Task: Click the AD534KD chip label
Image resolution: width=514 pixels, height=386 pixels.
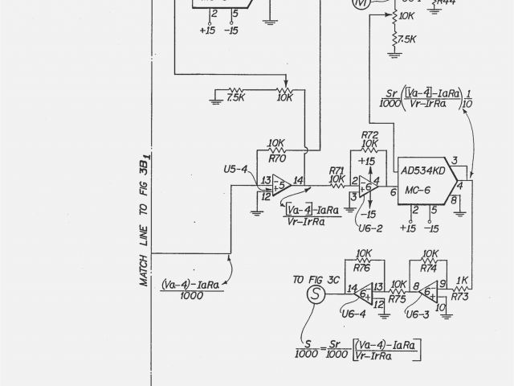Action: [426, 171]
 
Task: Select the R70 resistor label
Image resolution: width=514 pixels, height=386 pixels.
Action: [277, 158]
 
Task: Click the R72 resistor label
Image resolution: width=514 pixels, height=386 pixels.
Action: [370, 135]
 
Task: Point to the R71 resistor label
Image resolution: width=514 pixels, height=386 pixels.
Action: [337, 170]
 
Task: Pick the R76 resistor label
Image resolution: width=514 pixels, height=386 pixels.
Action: [363, 268]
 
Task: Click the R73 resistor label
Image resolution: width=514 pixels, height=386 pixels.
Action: [460, 296]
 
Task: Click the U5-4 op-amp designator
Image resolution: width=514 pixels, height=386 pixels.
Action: [235, 170]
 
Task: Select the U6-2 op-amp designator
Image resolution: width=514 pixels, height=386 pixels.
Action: [370, 228]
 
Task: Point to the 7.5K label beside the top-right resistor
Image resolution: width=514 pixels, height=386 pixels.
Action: [406, 39]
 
